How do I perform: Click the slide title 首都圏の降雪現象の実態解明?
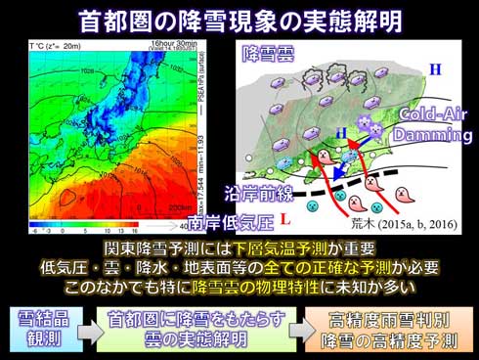click(239, 19)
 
